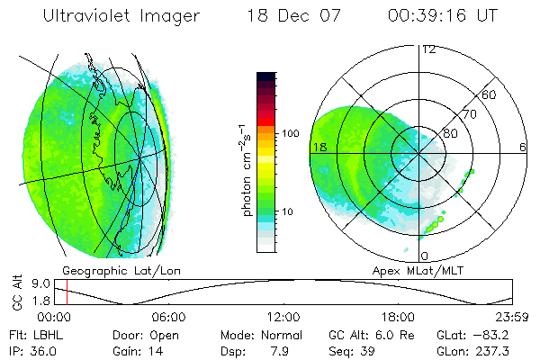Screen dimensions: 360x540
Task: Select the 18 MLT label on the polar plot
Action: [x=319, y=146]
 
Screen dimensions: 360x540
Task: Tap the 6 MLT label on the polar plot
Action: [x=522, y=146]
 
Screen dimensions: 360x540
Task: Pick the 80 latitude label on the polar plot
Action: [x=449, y=133]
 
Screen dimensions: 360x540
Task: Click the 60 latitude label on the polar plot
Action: [x=490, y=94]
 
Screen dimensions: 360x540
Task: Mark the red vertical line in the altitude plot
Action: [x=67, y=292]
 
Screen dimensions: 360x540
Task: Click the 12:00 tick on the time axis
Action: [x=283, y=316]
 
